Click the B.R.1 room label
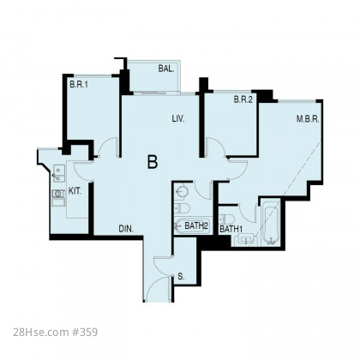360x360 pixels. pos(79,85)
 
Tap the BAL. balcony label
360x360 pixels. pos(166,69)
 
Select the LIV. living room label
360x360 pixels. pos(178,118)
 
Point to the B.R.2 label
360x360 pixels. pos(243,99)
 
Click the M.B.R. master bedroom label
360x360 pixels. pos(308,119)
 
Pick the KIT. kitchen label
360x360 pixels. pos(75,191)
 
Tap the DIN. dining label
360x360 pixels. pos(126,229)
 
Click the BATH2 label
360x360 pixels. pos(196,225)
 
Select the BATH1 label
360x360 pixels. pos(231,229)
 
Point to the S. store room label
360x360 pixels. pos(181,276)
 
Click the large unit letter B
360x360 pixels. pos(153,162)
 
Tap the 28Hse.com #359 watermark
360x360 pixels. pos(56,333)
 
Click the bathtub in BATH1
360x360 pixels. pos(271,223)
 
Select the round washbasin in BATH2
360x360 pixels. pos(182,191)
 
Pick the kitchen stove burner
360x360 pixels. pos(58,194)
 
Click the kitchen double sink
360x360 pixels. pos(58,174)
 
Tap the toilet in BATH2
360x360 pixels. pos(182,208)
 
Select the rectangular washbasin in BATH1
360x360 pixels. pos(246,239)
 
